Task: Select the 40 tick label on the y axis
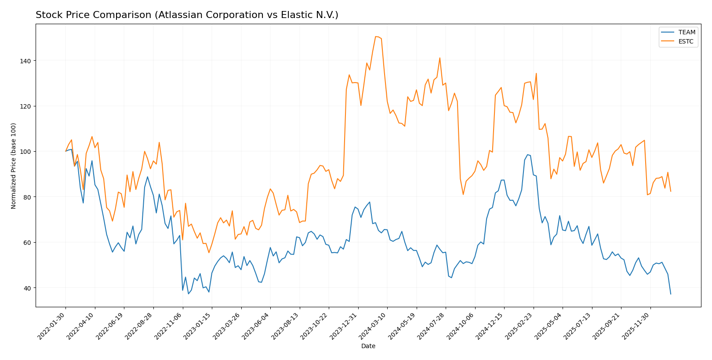pyautogui.click(x=28, y=288)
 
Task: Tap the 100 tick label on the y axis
pyautogui.click(x=26, y=152)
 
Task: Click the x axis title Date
pyautogui.click(x=368, y=346)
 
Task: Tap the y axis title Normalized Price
pyautogui.click(x=14, y=166)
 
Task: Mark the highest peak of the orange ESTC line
pyautogui.click(x=376, y=36)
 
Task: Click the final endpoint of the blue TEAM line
pyautogui.click(x=671, y=294)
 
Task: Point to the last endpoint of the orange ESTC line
pyautogui.click(x=671, y=191)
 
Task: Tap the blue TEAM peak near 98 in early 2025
pyautogui.click(x=527, y=155)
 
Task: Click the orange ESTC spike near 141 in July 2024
pyautogui.click(x=440, y=58)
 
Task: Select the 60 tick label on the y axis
pyautogui.click(x=28, y=243)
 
